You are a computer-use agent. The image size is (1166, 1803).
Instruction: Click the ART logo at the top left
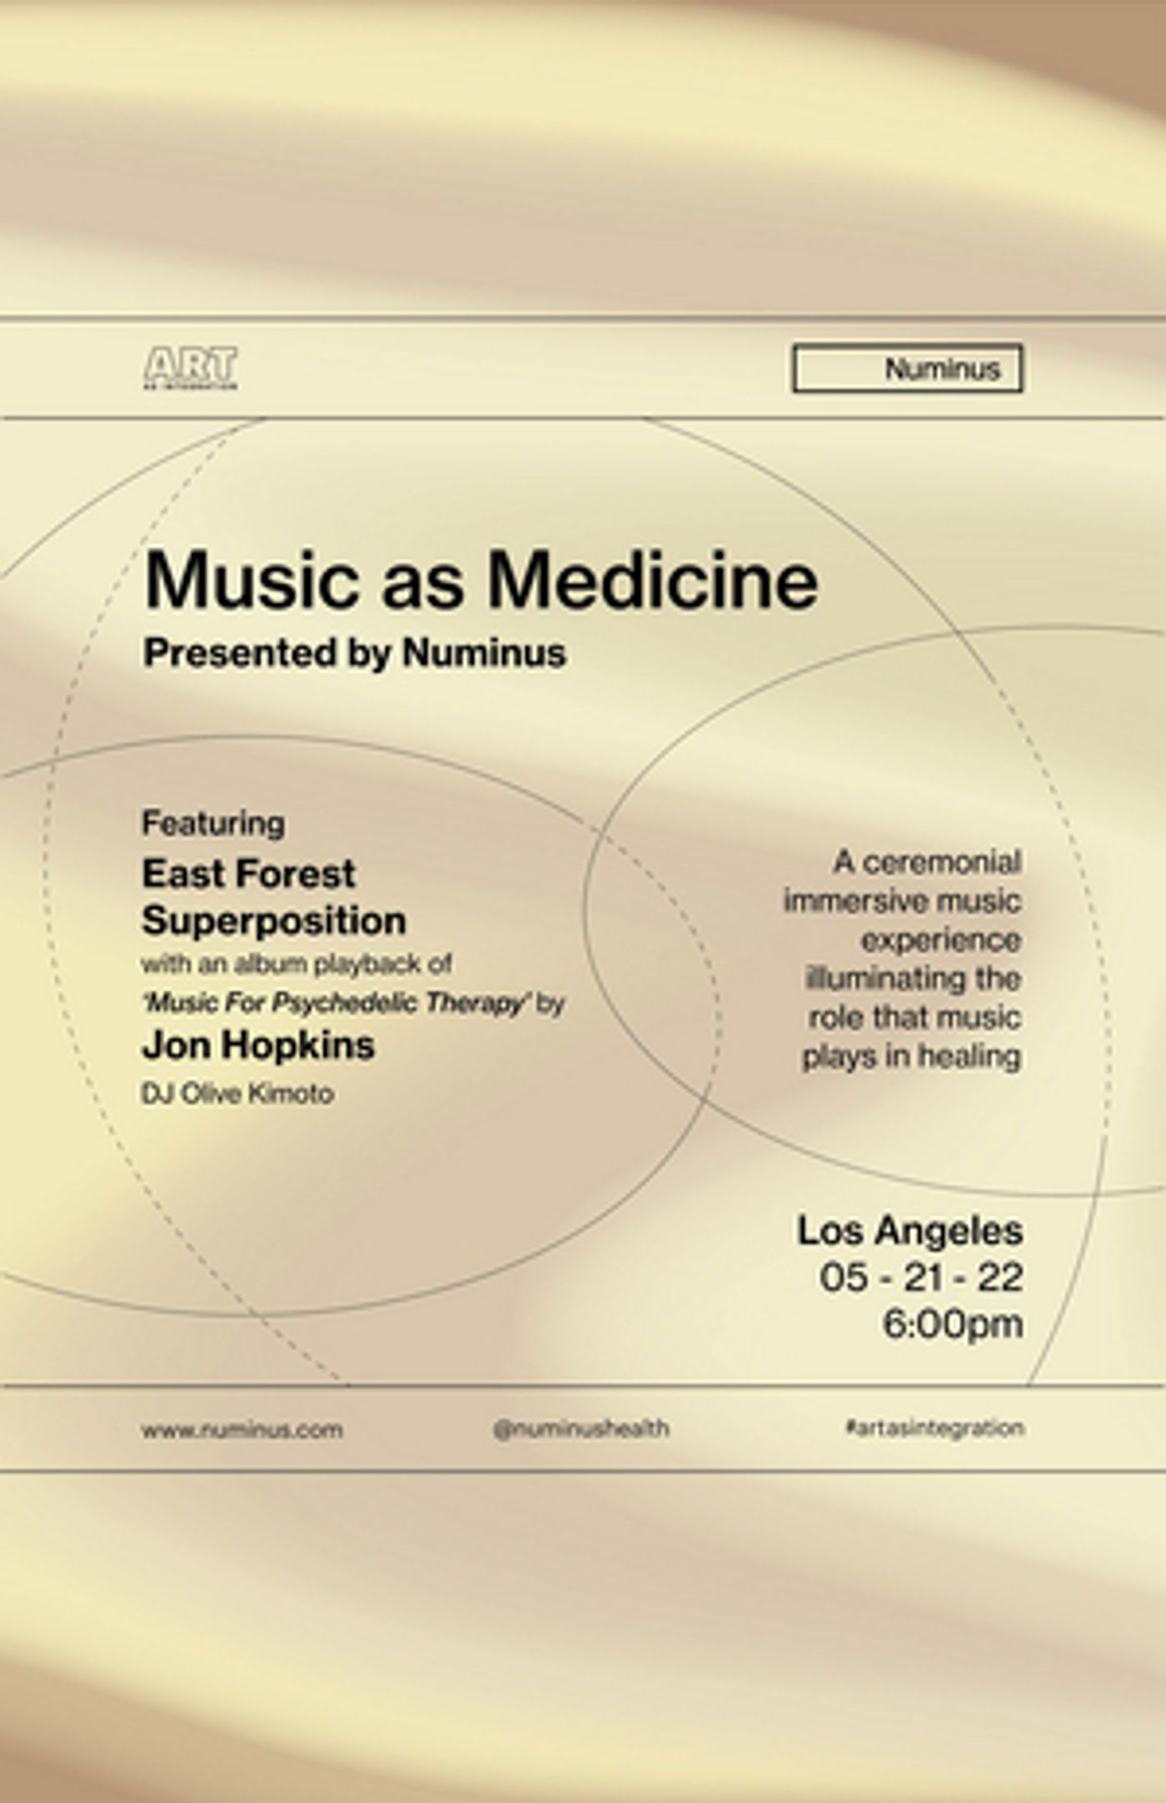[x=191, y=367]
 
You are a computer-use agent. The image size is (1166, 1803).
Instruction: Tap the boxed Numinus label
[x=907, y=368]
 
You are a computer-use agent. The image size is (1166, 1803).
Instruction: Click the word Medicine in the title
[x=652, y=580]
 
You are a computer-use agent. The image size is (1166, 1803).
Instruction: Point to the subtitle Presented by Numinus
[x=354, y=652]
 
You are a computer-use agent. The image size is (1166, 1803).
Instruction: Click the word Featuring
[x=213, y=823]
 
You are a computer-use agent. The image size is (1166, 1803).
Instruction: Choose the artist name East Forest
[x=248, y=874]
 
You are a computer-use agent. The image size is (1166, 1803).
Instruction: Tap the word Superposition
[x=274, y=920]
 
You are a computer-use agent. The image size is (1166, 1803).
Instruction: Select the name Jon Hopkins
[x=258, y=1044]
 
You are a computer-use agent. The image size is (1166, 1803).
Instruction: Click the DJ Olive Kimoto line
[x=237, y=1093]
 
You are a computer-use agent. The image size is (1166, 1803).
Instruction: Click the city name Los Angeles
[x=909, y=1231]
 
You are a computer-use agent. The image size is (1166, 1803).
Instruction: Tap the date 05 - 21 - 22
[x=920, y=1278]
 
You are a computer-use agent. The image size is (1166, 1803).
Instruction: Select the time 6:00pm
[x=952, y=1324]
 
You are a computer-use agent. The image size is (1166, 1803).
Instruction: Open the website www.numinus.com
[x=242, y=1430]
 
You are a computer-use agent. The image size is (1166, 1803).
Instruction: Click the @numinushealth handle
[x=581, y=1429]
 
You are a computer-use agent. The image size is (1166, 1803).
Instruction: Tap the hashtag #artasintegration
[x=934, y=1428]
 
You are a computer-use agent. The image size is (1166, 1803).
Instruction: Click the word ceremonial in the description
[x=941, y=862]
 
